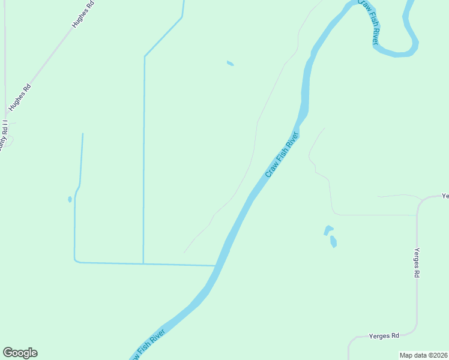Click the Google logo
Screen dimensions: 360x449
[20, 353]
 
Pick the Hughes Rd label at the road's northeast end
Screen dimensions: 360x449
[83, 15]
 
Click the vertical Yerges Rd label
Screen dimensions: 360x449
[416, 262]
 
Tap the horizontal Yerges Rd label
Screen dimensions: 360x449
[384, 336]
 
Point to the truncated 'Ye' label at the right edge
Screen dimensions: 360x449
[445, 196]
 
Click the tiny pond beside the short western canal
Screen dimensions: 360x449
[70, 199]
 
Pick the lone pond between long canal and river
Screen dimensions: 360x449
[230, 63]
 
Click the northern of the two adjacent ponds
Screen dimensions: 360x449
[328, 230]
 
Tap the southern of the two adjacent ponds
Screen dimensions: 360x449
[333, 242]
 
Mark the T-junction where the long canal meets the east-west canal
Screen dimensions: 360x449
[143, 263]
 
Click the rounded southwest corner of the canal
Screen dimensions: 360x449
[76, 260]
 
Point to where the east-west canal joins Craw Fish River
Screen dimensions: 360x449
[215, 265]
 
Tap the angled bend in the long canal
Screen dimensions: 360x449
[145, 56]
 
